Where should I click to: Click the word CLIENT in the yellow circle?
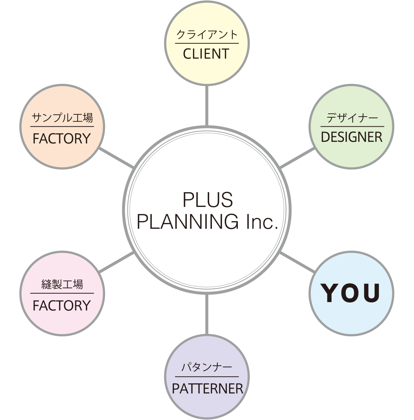pyautogui.click(x=206, y=54)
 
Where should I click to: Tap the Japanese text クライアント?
pyautogui.click(x=207, y=35)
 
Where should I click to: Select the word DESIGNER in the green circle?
pyautogui.click(x=352, y=137)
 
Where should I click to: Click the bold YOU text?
pyautogui.click(x=352, y=293)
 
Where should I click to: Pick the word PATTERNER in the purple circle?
pyautogui.click(x=207, y=388)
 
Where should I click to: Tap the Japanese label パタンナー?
pyautogui.click(x=207, y=368)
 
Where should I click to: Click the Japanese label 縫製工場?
pyautogui.click(x=62, y=285)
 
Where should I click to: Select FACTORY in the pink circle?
pyautogui.click(x=62, y=305)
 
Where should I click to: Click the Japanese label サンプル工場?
pyautogui.click(x=62, y=118)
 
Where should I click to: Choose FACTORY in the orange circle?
pyautogui.click(x=62, y=139)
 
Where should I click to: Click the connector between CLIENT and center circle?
pyautogui.click(x=207, y=105)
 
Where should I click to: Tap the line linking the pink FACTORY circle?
pyautogui.click(x=117, y=261)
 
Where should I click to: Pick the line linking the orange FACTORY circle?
pyautogui.click(x=117, y=158)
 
